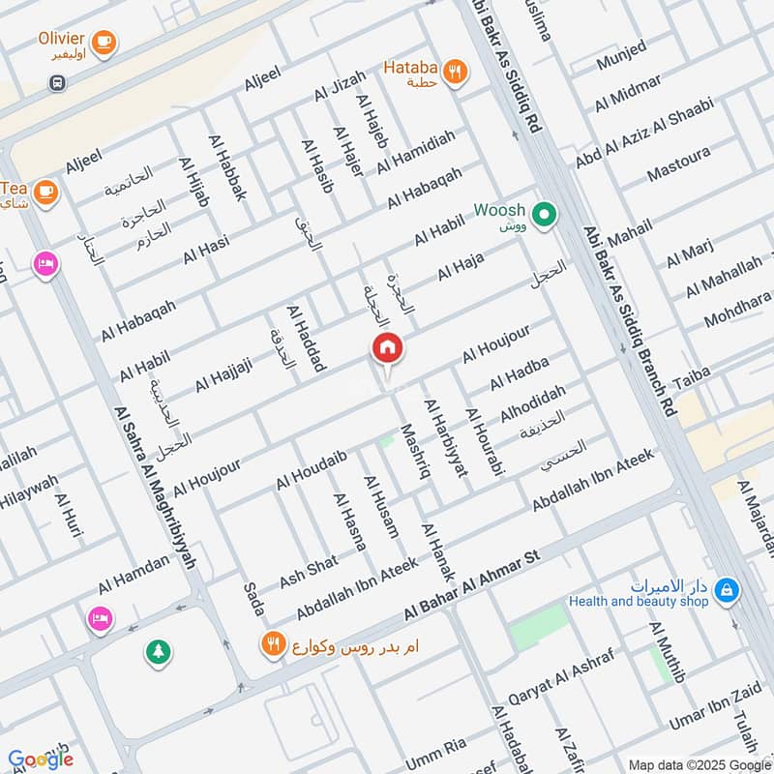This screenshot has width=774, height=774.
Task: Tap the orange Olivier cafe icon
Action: (104, 40)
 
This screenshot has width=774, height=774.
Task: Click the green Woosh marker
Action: (544, 212)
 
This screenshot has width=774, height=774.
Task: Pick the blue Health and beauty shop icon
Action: (728, 588)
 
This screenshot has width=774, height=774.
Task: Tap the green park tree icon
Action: (157, 651)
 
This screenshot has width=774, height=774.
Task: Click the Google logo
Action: (40, 759)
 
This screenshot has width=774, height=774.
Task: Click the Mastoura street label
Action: (678, 164)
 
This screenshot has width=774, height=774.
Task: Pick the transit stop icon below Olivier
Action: (57, 84)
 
